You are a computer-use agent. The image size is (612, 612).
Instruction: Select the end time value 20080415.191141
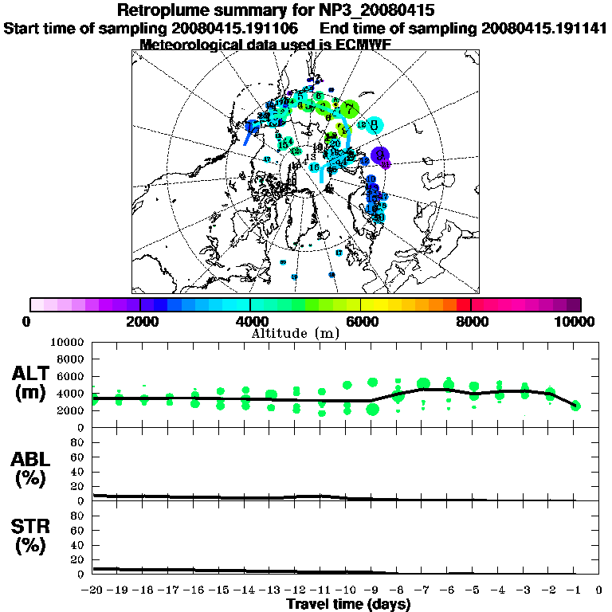(544, 28)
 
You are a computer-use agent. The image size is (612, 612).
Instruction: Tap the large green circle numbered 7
(350, 109)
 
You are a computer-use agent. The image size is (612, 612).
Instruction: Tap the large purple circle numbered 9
(381, 155)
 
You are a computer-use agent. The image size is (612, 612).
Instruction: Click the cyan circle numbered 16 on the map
(316, 167)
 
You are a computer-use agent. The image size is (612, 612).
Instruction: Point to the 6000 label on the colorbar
(362, 322)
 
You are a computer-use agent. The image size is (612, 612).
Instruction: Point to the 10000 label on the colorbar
(575, 322)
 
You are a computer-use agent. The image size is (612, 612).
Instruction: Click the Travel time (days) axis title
(348, 604)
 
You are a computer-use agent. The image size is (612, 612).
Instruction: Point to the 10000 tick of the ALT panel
(68, 342)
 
